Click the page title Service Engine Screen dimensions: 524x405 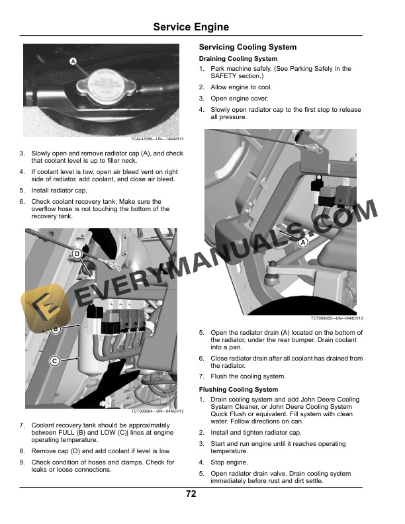(x=191, y=27)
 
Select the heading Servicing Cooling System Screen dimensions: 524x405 (x=247, y=48)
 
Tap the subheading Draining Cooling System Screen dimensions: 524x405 (x=238, y=59)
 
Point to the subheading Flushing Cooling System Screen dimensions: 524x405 (x=238, y=390)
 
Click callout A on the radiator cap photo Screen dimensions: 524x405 (x=73, y=62)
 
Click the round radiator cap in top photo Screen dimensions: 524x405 (x=100, y=84)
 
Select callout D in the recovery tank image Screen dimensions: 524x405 (x=77, y=254)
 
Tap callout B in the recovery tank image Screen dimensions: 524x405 (x=56, y=329)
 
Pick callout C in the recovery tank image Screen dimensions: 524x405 (x=56, y=361)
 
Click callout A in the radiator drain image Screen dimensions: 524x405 (x=304, y=243)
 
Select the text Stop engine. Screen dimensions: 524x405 (x=229, y=462)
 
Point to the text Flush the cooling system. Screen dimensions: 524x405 (x=248, y=376)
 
